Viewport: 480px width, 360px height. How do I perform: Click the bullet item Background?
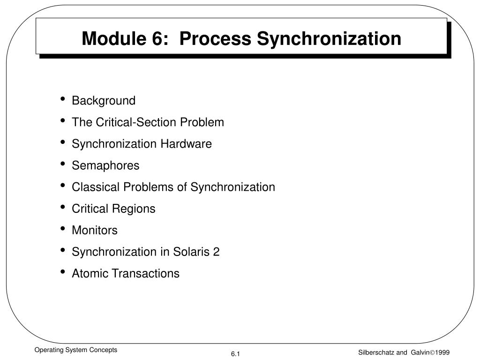(103, 101)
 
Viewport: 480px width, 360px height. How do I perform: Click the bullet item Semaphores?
(105, 165)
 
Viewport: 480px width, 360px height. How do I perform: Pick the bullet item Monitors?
(94, 230)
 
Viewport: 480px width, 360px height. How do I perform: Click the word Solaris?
(192, 252)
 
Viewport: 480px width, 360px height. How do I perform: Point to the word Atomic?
(89, 273)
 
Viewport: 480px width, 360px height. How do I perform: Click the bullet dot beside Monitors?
(62, 229)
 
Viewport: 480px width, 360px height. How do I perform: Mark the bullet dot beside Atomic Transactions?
(62, 272)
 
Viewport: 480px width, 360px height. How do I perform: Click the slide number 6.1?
(235, 353)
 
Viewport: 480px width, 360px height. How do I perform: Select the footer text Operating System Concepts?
(75, 350)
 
